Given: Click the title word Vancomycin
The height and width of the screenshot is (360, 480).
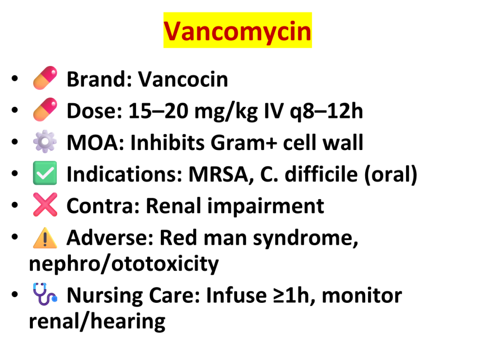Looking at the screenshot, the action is tap(238, 31).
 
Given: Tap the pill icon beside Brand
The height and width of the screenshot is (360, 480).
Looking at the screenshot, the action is tap(45, 78).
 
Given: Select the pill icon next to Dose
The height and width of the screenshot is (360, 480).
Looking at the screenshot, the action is tap(45, 110).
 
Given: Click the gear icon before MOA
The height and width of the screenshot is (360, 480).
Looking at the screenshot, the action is tap(45, 142).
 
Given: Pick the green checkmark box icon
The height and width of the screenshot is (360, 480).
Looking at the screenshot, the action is tap(45, 173).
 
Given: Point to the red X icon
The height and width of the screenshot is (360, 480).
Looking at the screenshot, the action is tap(45, 205).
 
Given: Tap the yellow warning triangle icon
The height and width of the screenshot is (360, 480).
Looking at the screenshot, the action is tap(45, 238).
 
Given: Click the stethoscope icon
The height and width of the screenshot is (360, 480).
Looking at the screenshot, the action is tap(45, 294).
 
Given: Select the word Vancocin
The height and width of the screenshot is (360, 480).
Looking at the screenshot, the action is tap(183, 79).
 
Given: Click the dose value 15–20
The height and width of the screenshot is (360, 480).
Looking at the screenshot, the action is tap(158, 111).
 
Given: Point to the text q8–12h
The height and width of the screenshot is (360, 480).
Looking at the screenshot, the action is tap(327, 112).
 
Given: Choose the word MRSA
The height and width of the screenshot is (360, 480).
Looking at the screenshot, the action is tap(221, 175).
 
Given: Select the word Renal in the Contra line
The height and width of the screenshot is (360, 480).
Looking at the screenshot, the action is tap(173, 206).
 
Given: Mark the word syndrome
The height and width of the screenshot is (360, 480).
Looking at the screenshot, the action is tap(306, 239).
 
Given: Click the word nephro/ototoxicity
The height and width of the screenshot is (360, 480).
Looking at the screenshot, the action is tap(124, 264).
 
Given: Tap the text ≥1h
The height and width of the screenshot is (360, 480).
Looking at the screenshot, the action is tap(294, 296).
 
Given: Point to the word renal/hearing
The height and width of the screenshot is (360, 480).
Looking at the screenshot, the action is tap(97, 322).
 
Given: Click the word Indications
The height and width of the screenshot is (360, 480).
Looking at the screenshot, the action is tap(124, 174).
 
